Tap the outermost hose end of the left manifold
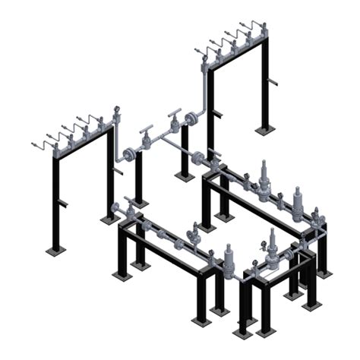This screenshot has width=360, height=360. click(34, 144)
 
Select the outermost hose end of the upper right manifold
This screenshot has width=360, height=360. click(197, 51)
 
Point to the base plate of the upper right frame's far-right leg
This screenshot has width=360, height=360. click(264, 130)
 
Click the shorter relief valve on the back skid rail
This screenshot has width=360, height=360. click(297, 201)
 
